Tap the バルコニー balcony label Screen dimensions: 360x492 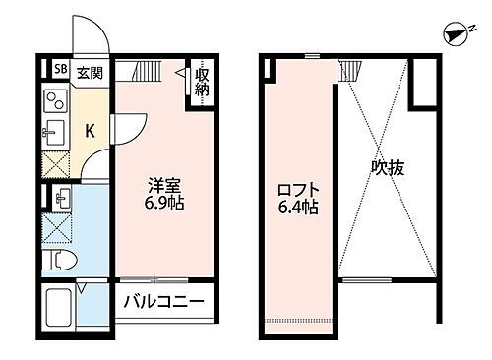pos(163,302)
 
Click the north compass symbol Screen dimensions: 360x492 pos(455,35)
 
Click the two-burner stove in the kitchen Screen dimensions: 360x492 pos(56,101)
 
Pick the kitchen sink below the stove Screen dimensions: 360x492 pos(56,131)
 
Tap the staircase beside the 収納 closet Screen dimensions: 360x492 pos(147,72)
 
